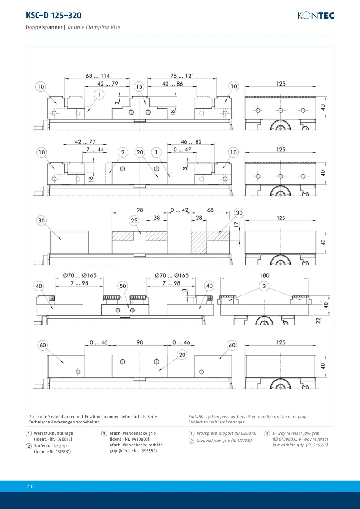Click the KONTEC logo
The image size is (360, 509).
[316, 15]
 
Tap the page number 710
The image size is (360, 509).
[30, 486]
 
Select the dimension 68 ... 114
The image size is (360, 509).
[98, 76]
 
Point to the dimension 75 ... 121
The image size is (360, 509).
[182, 76]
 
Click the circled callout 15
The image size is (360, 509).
[139, 87]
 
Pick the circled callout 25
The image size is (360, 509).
[134, 221]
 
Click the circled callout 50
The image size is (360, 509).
[123, 286]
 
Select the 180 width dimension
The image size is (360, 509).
[265, 275]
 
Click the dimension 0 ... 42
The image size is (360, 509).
[180, 210]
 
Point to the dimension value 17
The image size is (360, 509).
[236, 224]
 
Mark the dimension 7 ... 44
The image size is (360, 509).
[95, 150]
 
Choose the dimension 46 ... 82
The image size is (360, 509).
[192, 142]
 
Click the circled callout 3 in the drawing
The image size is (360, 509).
[264, 286]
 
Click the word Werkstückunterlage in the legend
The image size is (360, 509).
[54, 433]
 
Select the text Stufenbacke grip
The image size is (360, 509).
[50, 446]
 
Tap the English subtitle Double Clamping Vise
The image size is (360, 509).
[94, 27]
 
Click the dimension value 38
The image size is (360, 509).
[157, 218]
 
